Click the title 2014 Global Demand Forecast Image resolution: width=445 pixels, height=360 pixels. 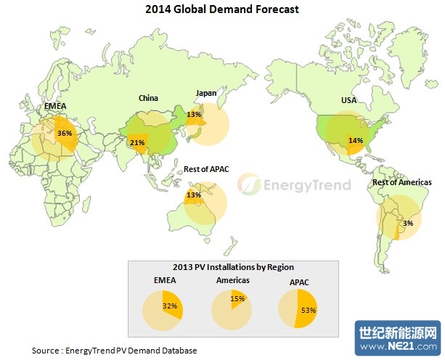click(x=222, y=10)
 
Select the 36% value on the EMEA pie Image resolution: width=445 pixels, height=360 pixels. click(x=64, y=133)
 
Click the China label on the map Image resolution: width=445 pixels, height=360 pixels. click(x=149, y=98)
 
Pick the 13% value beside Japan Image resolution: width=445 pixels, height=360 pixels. click(x=193, y=114)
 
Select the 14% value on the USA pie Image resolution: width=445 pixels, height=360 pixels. click(x=355, y=139)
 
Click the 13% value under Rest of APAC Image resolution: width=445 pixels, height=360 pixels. click(x=193, y=195)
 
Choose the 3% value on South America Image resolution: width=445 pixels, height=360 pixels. click(x=408, y=223)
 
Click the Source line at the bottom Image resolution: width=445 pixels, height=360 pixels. click(x=114, y=351)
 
